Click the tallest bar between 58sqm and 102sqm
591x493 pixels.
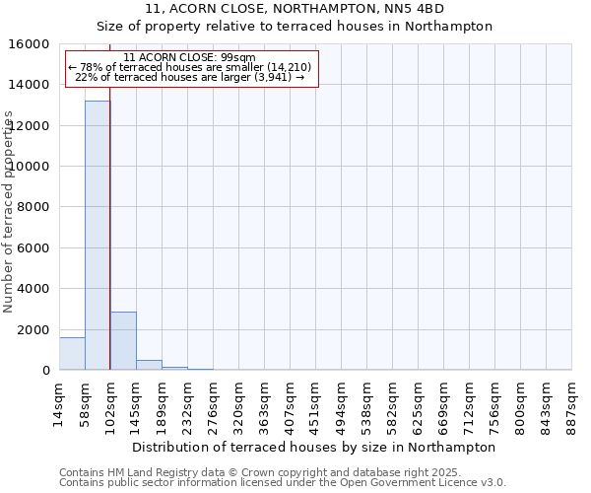[97, 236]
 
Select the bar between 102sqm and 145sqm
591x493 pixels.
[123, 341]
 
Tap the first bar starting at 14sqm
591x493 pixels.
[72, 354]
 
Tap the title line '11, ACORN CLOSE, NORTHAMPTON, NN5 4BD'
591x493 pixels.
[295, 9]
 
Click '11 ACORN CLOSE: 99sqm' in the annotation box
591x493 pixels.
[190, 57]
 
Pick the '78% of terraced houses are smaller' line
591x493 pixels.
[190, 67]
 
